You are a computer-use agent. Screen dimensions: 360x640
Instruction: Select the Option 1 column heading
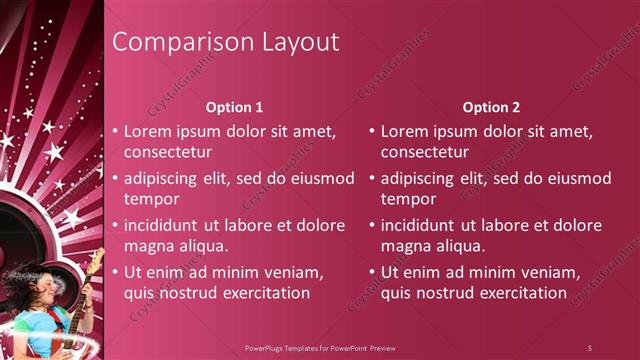[235, 107]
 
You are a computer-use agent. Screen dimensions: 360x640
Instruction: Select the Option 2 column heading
[491, 107]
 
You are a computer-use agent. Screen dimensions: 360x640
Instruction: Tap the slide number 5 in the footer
[590, 347]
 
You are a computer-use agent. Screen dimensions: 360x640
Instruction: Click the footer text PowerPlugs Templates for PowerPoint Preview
[320, 347]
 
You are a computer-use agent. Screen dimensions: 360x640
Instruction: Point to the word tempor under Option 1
[149, 198]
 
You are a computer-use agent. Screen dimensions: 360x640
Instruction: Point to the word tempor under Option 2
[405, 198]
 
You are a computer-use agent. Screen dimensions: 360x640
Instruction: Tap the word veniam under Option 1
[289, 272]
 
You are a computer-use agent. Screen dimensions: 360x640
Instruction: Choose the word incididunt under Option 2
[420, 225]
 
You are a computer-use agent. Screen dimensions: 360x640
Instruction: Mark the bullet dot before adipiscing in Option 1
[115, 178]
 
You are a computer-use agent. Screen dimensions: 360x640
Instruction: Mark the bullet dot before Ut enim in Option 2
[371, 272]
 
